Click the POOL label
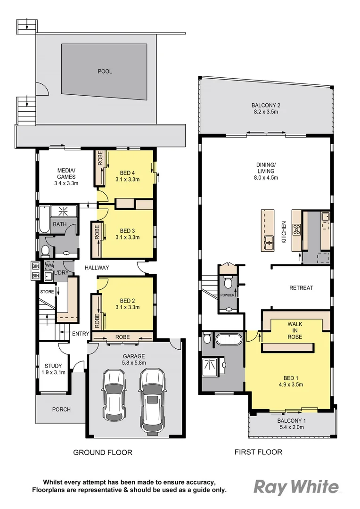coord(105,72)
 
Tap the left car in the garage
coord(114,394)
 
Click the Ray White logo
coord(296,487)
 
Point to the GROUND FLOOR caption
coord(102,452)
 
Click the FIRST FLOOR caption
coord(258,452)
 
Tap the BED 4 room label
coord(127,176)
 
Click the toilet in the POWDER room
coord(228,283)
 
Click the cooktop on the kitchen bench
coord(297,230)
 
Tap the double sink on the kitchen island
coord(270,242)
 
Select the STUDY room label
coord(53,369)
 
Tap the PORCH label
coord(61,410)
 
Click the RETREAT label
coord(301,287)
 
